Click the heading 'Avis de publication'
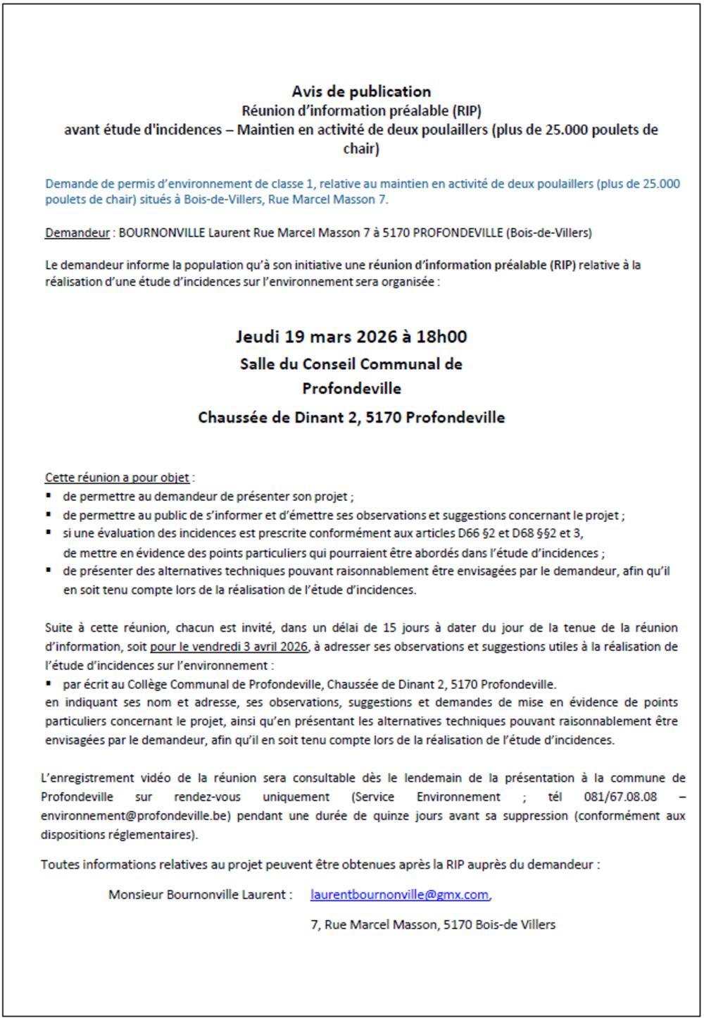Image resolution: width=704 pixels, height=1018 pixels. pos(361,92)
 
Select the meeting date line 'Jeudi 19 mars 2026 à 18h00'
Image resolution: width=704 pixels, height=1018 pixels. pos(351,336)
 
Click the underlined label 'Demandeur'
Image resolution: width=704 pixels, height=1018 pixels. pos(77,232)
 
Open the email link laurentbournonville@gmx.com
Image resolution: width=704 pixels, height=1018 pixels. pos(399,894)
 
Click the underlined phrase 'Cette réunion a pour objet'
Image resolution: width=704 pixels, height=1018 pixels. pos(117,478)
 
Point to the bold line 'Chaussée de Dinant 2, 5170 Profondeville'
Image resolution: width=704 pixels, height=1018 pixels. pos(351,417)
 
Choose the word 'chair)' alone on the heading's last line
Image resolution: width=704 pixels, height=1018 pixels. pos(361,149)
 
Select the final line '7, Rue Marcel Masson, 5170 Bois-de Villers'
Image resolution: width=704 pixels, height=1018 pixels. pos(432,924)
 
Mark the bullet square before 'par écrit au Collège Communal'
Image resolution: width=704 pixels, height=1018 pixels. pos(49,683)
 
